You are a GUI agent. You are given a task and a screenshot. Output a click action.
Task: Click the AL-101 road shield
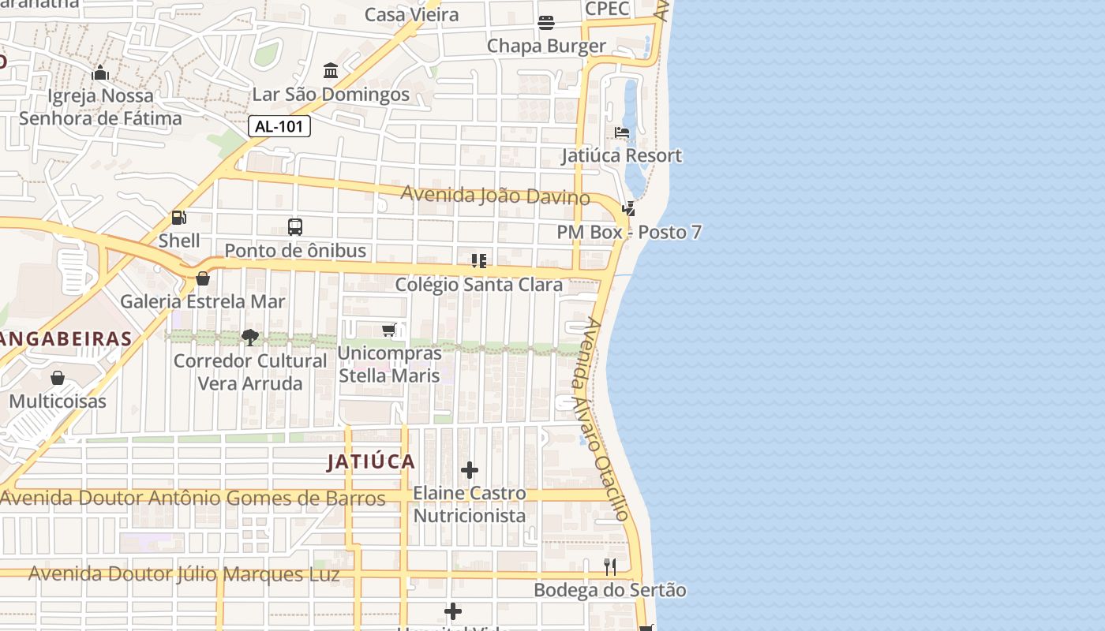(279, 126)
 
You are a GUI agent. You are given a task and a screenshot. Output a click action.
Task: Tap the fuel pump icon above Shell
(179, 218)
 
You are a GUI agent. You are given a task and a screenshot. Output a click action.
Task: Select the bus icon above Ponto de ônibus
(295, 227)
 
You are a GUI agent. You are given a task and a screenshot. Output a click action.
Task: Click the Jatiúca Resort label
(621, 155)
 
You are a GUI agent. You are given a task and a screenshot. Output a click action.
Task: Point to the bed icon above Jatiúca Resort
(622, 133)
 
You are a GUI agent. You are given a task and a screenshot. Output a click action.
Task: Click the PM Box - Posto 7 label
(629, 232)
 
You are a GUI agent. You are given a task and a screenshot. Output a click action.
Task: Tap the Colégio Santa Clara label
(478, 284)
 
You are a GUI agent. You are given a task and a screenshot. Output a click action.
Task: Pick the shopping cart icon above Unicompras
(389, 330)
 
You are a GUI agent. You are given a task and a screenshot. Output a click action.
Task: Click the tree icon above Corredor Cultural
(250, 338)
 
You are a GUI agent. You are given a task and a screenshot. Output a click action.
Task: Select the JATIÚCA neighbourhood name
(371, 461)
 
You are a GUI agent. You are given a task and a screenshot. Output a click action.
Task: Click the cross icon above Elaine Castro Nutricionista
(470, 470)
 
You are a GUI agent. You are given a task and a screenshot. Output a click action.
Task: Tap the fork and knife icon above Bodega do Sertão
(610, 566)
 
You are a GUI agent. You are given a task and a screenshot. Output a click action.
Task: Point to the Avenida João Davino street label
(495, 195)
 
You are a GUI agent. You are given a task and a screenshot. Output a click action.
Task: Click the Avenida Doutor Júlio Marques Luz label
(184, 573)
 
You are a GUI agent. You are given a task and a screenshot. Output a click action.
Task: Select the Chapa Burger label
(546, 46)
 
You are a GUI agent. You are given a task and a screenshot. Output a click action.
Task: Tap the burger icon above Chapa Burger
(546, 23)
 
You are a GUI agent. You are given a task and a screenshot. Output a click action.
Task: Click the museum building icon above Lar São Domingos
(331, 71)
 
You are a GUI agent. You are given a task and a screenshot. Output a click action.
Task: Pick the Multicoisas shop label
(58, 401)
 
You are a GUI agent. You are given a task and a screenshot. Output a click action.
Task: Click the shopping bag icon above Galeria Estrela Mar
(203, 278)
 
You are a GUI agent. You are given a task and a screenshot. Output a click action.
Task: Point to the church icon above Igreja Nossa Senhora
(100, 73)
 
